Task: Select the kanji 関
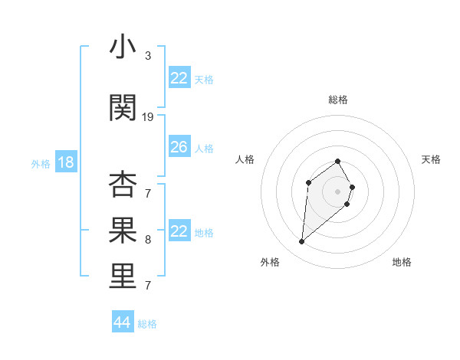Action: coord(123,107)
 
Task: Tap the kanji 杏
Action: coord(123,185)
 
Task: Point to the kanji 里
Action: coord(123,277)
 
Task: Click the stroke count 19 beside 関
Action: coord(148,117)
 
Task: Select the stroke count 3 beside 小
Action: coord(148,56)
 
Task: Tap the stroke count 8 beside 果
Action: coord(148,240)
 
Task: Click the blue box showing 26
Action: coord(179,147)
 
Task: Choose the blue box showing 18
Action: coord(64,162)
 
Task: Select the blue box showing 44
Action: coord(122,322)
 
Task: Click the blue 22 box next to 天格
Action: coord(179,78)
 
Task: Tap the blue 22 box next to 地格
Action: coord(179,231)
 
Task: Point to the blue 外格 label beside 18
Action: coord(40,163)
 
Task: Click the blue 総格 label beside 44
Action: coord(147,324)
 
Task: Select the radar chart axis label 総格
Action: coord(338,100)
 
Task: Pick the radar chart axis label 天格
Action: coord(432,159)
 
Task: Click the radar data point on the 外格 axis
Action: coord(301,242)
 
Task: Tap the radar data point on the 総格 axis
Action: coord(338,161)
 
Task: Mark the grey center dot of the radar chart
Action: coord(338,191)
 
